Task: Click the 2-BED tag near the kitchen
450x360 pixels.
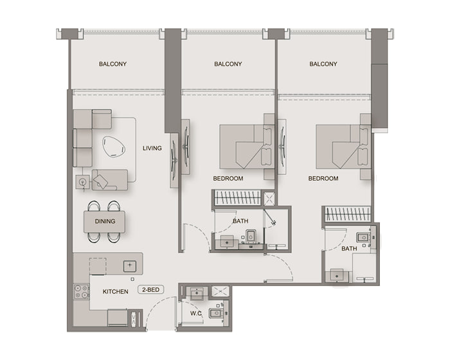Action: pos(151,290)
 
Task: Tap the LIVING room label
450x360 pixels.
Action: pos(152,148)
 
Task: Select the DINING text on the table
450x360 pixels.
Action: pos(105,221)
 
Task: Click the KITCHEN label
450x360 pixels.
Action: pos(115,292)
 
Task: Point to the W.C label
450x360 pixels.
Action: pos(195,314)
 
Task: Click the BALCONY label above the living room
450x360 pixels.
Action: pos(113,64)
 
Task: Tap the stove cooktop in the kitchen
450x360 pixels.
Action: pos(81,291)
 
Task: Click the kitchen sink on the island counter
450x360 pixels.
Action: pos(130,266)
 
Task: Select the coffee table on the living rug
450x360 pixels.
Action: pos(114,147)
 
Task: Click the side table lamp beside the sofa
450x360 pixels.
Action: pos(83,182)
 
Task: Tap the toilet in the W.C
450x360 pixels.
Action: pos(216,313)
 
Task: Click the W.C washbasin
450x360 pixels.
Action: pos(197,293)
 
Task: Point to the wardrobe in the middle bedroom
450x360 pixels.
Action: pos(237,198)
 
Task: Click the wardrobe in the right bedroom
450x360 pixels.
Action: pos(347,214)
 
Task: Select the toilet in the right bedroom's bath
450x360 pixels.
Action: pos(363,238)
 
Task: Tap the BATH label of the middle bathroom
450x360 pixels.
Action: pos(240,221)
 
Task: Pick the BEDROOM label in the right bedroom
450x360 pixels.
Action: pos(323,178)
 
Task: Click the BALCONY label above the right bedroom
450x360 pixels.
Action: pos(323,64)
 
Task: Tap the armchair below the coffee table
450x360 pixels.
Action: pos(110,180)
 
